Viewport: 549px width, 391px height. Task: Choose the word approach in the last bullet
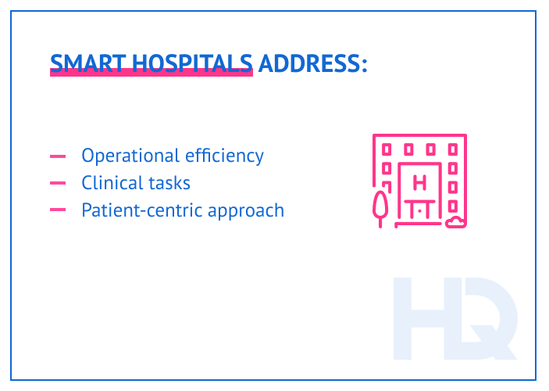coord(245,211)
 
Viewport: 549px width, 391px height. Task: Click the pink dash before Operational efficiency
coord(58,156)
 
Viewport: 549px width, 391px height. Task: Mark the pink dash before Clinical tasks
coord(58,183)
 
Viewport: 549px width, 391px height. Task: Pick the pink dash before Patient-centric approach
coord(58,210)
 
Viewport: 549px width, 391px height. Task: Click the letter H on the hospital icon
coord(419,184)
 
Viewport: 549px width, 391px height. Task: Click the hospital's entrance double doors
coord(420,212)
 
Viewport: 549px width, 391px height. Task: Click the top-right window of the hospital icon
coord(453,149)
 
